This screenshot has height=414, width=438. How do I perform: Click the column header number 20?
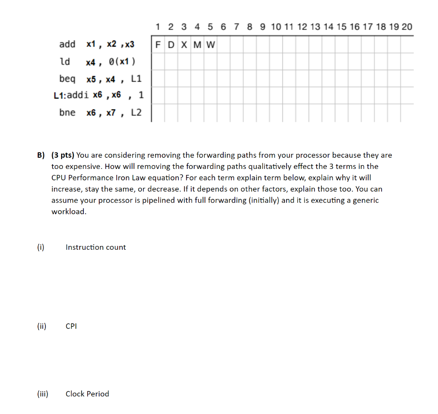[407, 27]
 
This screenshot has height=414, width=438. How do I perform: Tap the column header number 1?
[158, 27]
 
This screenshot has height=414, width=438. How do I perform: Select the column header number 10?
[276, 27]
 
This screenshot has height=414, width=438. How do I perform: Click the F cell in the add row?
[158, 44]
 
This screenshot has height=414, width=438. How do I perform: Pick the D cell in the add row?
[171, 44]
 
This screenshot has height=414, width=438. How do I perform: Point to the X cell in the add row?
[184, 44]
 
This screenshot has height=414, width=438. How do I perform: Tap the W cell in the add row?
[211, 44]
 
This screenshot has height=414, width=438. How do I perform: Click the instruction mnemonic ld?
[65, 62]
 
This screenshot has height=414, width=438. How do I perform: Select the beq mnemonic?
[67, 79]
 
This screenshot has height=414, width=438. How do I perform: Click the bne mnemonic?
[67, 112]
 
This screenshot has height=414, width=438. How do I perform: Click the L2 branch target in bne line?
[136, 112]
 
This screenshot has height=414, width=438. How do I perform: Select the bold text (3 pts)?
[62, 155]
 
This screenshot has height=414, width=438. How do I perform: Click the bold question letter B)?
[40, 155]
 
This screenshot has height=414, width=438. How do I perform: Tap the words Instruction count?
[96, 247]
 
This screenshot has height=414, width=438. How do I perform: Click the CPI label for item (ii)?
[71, 326]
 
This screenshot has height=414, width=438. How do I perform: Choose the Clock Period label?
[87, 394]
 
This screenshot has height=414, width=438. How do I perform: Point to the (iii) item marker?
[42, 394]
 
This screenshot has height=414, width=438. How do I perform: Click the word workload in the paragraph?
[68, 212]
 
